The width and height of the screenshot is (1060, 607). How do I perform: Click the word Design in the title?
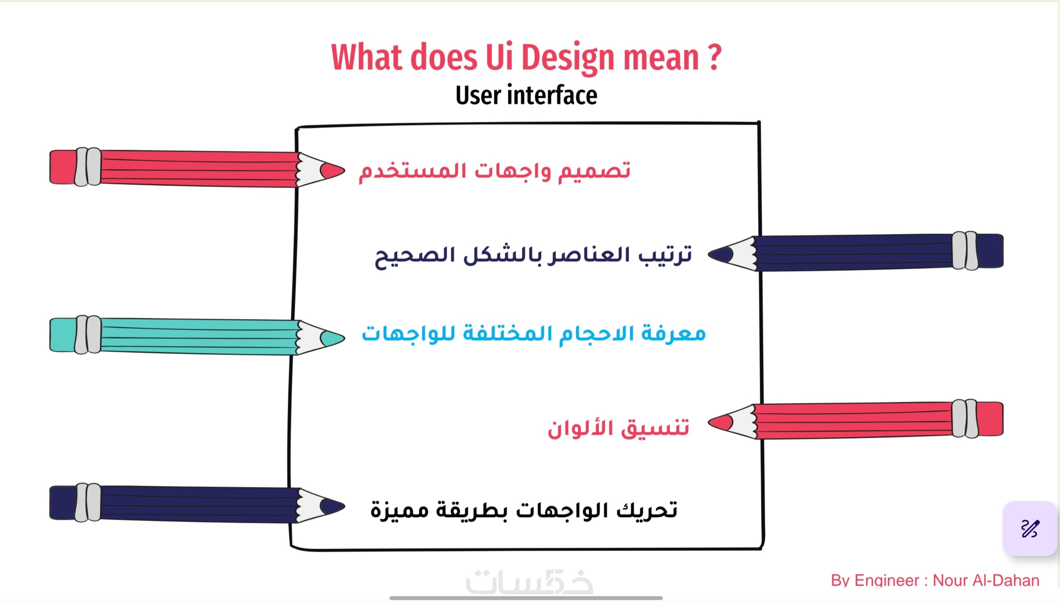(568, 59)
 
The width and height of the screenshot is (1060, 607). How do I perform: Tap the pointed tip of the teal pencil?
(344, 338)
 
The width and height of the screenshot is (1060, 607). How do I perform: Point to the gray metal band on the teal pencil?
(88, 335)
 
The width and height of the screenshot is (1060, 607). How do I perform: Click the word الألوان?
(584, 427)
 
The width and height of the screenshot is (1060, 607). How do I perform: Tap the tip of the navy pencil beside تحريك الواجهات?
(344, 507)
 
